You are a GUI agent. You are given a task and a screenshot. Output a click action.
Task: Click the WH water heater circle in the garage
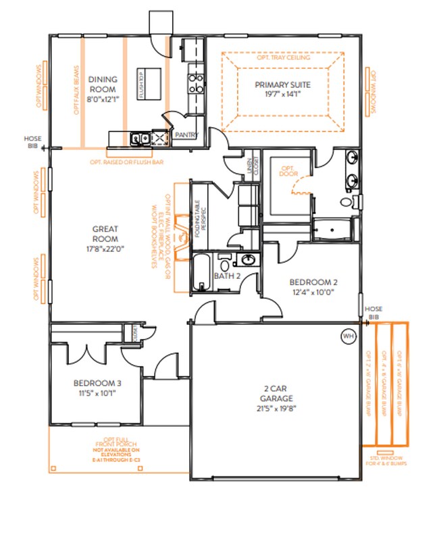pos(348,336)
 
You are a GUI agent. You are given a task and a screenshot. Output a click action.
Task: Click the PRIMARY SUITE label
pos(282,84)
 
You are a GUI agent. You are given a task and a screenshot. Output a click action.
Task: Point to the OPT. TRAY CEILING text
pos(284,58)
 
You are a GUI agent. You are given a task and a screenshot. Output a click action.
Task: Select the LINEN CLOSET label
pos(252,166)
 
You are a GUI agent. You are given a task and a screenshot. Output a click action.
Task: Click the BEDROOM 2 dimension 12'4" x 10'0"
pos(313,292)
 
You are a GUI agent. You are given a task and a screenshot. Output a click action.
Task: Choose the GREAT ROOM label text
pos(105,234)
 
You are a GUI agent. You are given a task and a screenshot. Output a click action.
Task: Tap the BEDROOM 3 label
pos(95,384)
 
